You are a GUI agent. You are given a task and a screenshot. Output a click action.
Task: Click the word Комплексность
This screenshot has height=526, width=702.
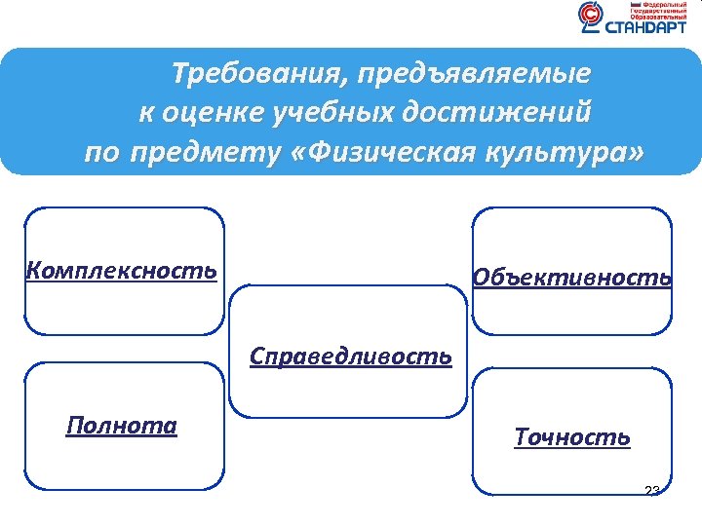[x=122, y=269]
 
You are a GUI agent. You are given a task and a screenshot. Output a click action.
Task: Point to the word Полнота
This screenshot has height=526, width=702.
[x=122, y=426]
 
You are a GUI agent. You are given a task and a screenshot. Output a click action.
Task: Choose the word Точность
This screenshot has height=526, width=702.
[x=572, y=437]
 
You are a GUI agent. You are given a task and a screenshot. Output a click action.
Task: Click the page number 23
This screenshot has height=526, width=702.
[x=652, y=490]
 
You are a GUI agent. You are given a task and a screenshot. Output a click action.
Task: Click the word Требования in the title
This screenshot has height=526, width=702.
[x=258, y=74]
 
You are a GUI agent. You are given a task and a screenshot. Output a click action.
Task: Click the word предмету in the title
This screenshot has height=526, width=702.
[x=203, y=154]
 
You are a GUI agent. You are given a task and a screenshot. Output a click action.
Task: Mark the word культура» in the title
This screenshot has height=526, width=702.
[x=571, y=154]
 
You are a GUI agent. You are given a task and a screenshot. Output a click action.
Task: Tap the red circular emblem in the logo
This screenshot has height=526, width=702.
[x=590, y=15]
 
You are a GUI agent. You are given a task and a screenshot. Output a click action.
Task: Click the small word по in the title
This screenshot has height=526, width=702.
[x=100, y=154]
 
